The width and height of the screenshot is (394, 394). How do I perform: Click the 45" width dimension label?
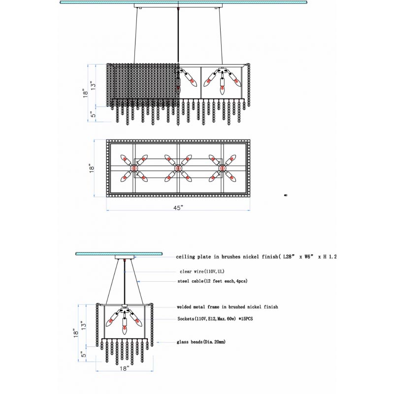(x=178, y=208)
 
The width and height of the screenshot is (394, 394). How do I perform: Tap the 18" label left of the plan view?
(x=92, y=168)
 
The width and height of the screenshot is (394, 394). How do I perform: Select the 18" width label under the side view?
(x=125, y=368)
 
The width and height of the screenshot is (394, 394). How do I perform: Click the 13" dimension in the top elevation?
(x=93, y=85)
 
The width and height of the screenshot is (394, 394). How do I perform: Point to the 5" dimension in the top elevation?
(x=93, y=114)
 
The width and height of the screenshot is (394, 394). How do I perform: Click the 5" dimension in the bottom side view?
(x=84, y=354)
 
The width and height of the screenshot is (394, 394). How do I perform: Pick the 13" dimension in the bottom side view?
(x=83, y=326)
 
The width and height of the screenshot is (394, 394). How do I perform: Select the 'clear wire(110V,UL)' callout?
(x=202, y=271)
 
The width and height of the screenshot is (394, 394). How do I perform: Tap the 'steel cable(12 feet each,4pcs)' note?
(x=212, y=281)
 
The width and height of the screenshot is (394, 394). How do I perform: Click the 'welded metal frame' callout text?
(x=228, y=307)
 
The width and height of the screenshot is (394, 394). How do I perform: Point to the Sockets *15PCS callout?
(x=215, y=319)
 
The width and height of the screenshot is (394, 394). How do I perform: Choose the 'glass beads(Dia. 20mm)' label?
(x=201, y=342)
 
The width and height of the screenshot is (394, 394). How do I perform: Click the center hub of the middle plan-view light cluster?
(x=178, y=168)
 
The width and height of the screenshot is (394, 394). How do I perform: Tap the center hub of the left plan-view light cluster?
(x=134, y=168)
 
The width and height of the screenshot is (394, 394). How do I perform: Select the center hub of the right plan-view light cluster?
(x=222, y=168)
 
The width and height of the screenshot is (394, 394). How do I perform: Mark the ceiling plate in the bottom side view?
(x=125, y=257)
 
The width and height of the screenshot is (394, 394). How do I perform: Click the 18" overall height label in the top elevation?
(x=85, y=93)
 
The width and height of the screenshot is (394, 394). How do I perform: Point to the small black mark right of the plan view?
(x=286, y=195)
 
